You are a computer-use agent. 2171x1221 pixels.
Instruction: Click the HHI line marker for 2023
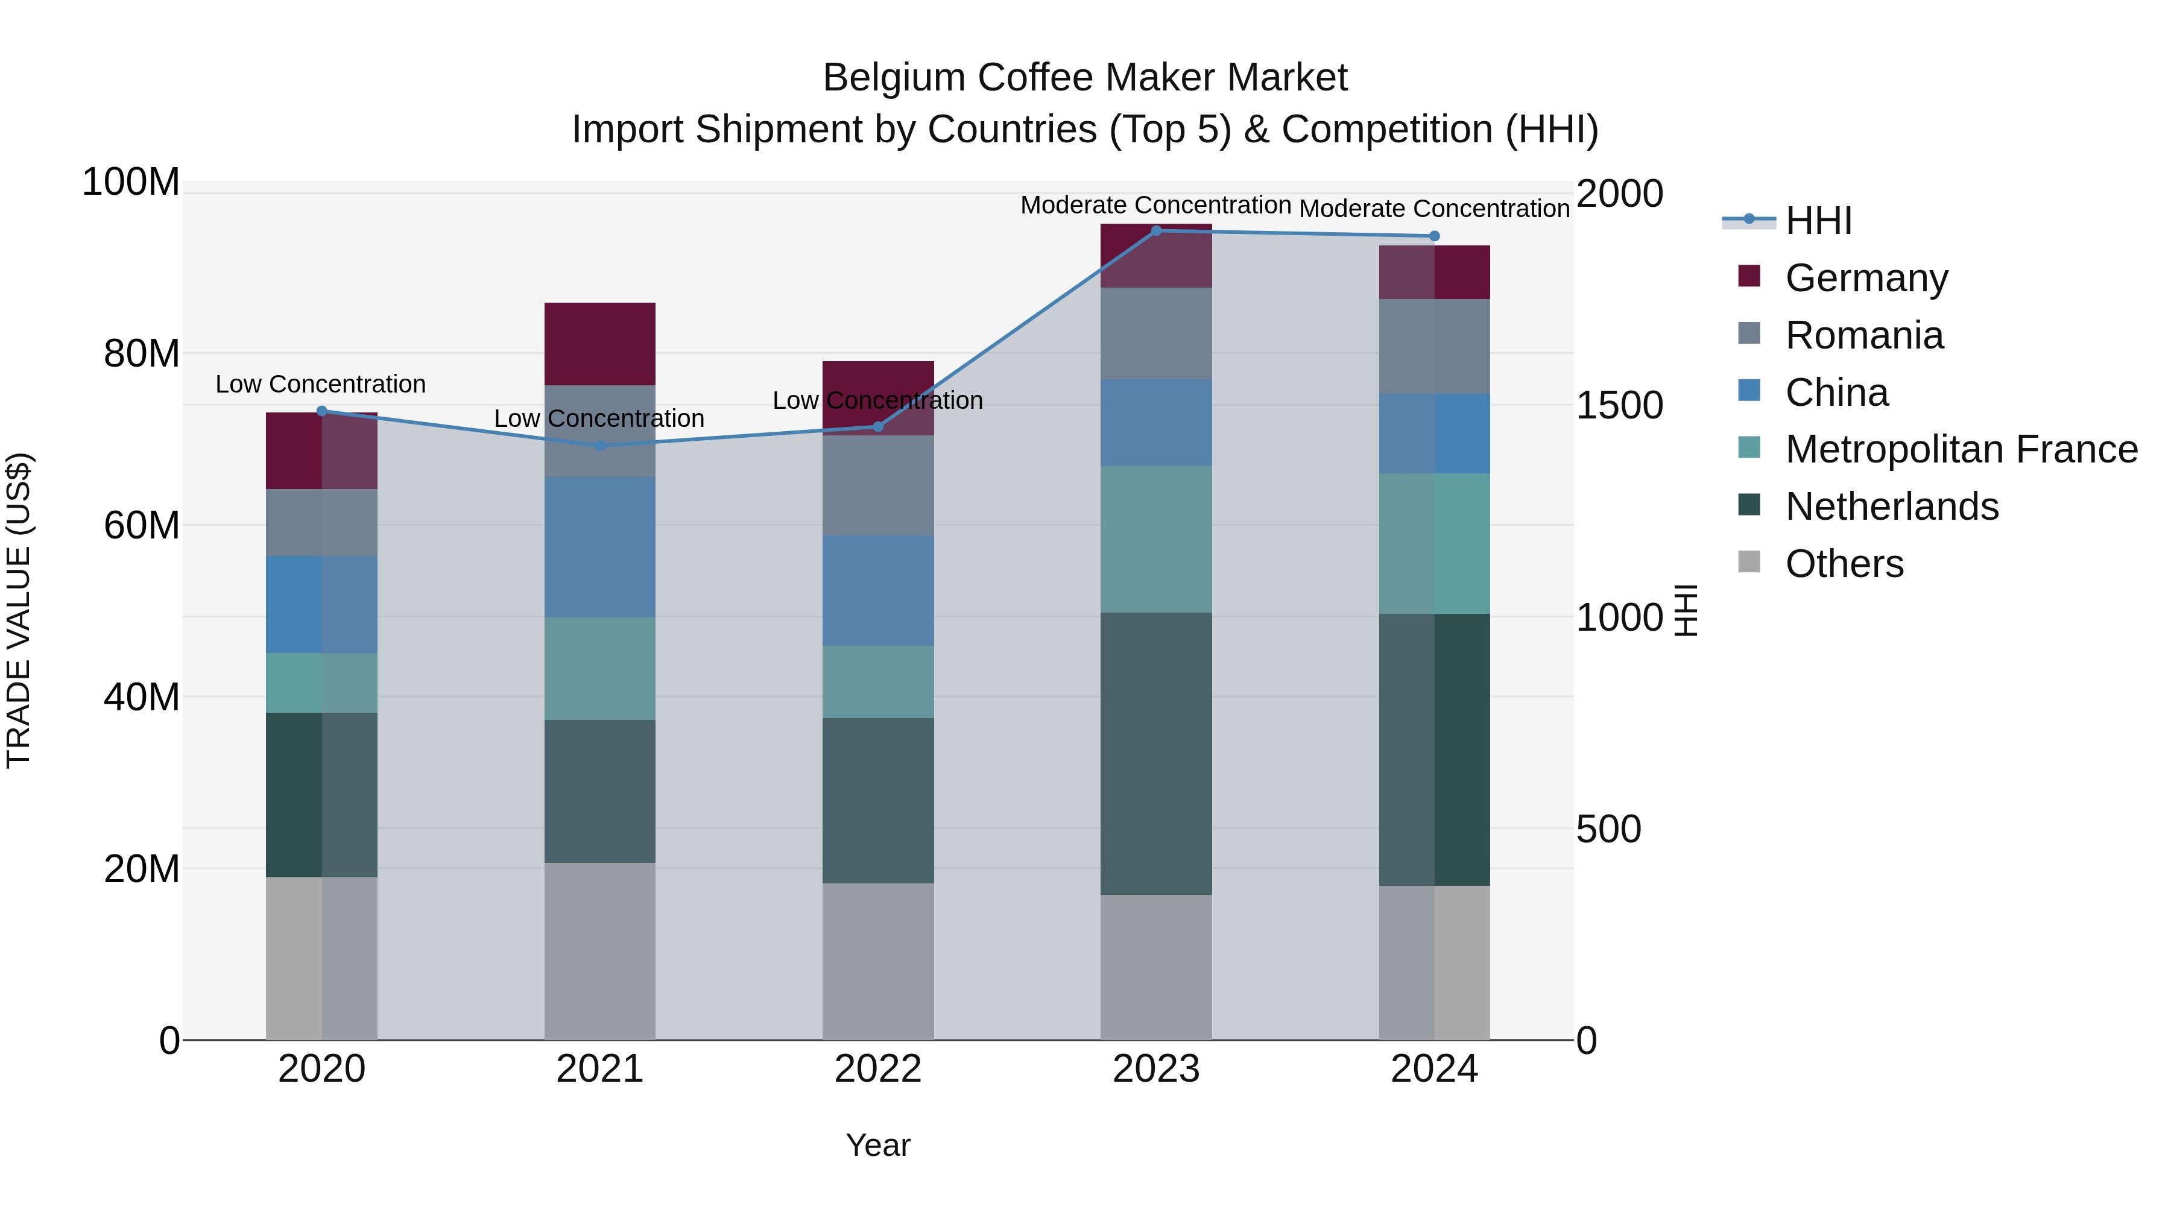point(1155,231)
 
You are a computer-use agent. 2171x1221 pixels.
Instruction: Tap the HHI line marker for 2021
point(600,446)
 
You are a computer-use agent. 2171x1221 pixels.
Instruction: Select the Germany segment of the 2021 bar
point(600,344)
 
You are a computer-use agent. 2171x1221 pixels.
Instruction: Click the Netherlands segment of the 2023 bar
point(1155,753)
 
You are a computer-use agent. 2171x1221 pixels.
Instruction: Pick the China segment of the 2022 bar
point(877,591)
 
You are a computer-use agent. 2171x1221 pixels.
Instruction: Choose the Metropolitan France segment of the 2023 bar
point(1155,539)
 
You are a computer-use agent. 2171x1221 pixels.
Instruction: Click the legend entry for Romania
point(1863,335)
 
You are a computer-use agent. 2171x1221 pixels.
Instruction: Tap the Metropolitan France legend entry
point(1961,449)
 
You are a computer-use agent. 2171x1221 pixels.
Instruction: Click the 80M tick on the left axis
point(142,354)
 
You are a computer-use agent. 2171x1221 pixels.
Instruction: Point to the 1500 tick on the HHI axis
point(1619,405)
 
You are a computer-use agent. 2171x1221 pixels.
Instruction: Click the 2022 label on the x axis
point(877,1069)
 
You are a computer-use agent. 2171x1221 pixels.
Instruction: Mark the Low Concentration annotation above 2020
point(320,384)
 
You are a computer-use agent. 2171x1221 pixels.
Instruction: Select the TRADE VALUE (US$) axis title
point(19,610)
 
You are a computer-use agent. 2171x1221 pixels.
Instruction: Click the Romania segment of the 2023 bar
point(1155,333)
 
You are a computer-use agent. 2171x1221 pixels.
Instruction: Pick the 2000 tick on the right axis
point(1619,194)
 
